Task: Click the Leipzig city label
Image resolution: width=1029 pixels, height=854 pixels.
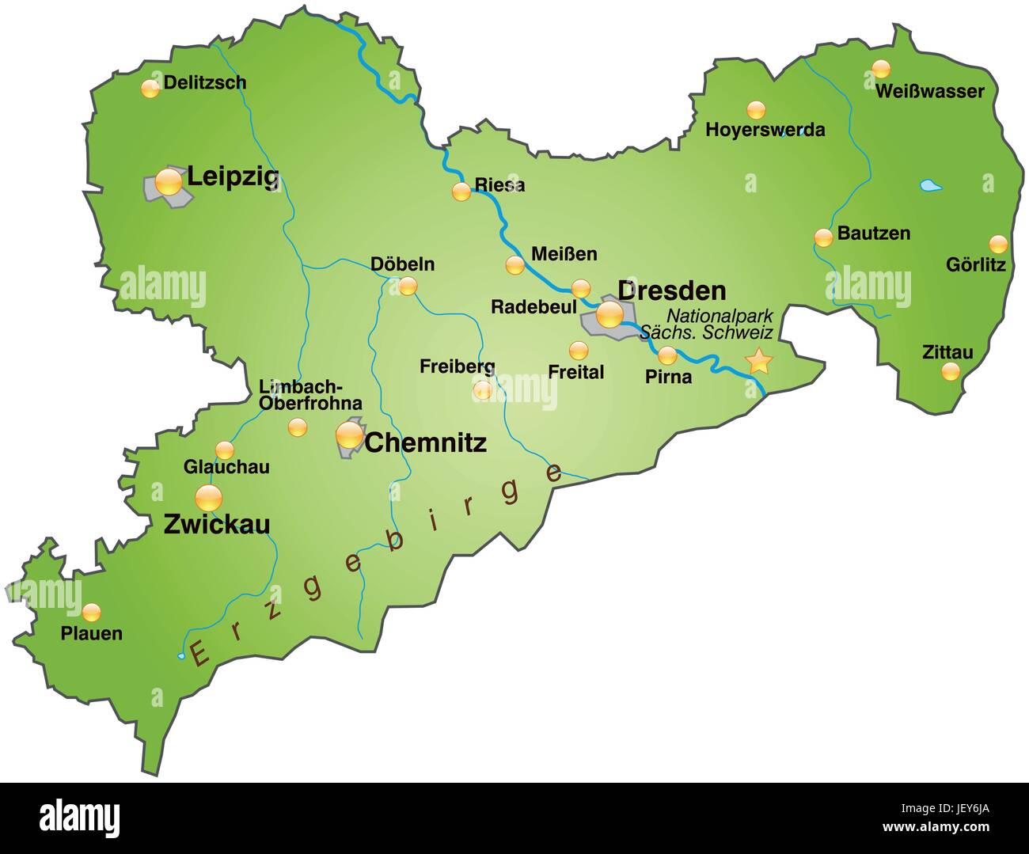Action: coord(233,177)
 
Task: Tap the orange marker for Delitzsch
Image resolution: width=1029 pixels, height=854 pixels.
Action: coord(150,89)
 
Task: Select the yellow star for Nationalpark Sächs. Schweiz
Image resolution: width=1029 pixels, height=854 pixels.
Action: coord(759,361)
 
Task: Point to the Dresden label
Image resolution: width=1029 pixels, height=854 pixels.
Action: coord(671,290)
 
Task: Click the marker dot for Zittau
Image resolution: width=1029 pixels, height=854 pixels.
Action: coord(951,371)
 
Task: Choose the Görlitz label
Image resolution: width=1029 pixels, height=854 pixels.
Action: coord(975,265)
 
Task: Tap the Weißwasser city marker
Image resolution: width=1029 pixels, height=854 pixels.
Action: coord(881,69)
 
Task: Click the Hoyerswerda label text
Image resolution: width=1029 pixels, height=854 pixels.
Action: coord(765,130)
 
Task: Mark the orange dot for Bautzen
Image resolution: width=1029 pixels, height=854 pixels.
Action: coord(823,237)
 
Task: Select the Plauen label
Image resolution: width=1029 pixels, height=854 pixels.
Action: coord(92,633)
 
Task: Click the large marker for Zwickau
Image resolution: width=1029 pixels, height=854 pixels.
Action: coord(209,498)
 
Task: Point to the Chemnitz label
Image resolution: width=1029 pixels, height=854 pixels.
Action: coord(425,443)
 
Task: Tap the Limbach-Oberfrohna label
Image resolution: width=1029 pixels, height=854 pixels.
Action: coord(310,395)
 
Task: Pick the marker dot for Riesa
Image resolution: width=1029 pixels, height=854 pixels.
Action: coord(461,191)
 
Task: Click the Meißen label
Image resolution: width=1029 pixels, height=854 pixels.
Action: coord(564,254)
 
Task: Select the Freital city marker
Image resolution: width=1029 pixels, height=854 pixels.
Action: coord(579,350)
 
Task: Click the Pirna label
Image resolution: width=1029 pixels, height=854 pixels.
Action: coord(668,377)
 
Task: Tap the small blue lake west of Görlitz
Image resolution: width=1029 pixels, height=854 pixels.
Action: coord(930,187)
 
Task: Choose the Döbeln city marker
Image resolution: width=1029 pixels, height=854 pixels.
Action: coord(408,286)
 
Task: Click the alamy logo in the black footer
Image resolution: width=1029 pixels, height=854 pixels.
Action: coord(79,815)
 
